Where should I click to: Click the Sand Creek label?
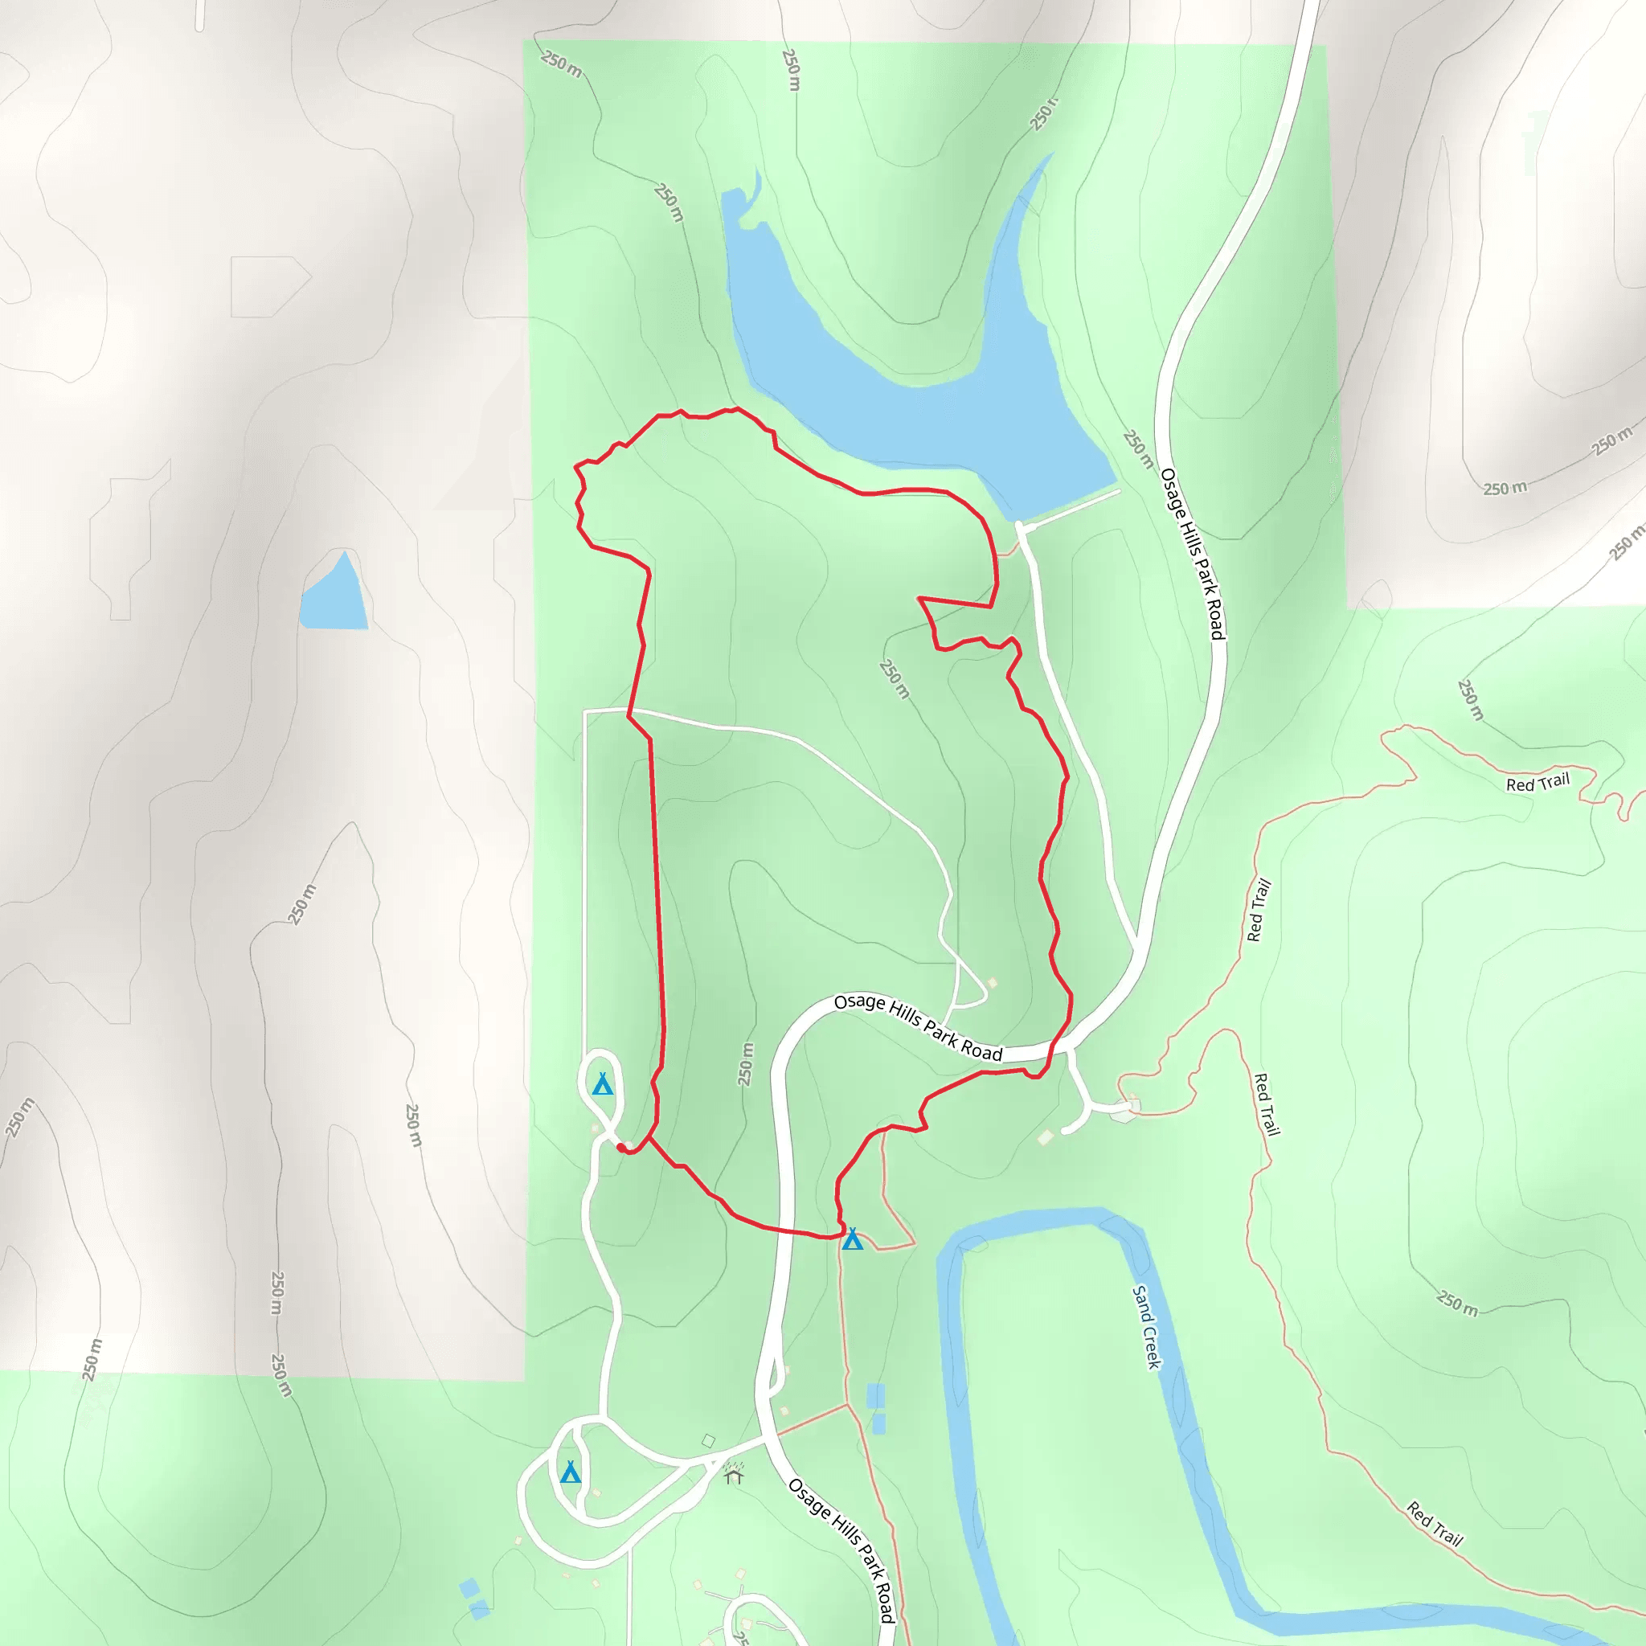click(x=1147, y=1326)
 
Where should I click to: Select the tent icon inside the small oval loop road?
click(x=602, y=1084)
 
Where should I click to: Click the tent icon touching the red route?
click(x=852, y=1239)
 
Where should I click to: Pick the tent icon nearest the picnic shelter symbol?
click(x=571, y=1472)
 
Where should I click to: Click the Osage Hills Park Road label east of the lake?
click(x=1193, y=554)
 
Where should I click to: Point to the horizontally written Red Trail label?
click(x=1537, y=783)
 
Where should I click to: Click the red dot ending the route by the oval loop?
click(x=620, y=1148)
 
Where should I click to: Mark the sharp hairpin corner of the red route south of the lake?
click(x=920, y=599)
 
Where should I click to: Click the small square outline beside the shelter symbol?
click(x=708, y=1442)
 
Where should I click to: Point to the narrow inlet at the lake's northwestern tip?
click(x=755, y=183)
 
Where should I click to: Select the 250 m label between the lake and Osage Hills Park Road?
click(x=1138, y=450)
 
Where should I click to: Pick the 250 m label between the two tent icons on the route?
click(x=746, y=1065)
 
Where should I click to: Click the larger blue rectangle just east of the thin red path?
click(x=875, y=1395)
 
